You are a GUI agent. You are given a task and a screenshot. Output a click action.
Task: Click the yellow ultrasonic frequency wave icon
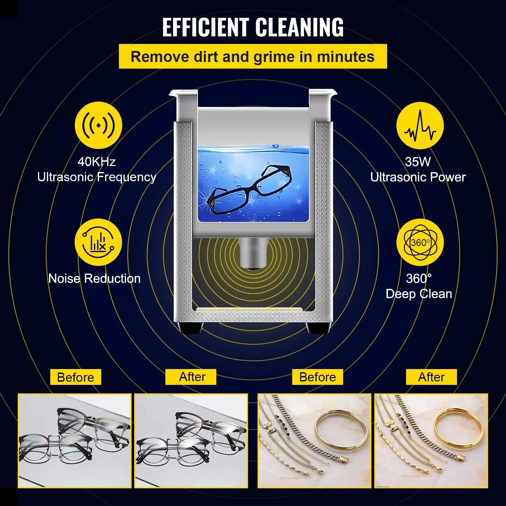[98, 125]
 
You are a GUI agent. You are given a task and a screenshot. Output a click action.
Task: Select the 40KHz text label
[96, 162]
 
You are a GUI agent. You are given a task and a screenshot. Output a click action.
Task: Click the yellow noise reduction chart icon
[98, 242]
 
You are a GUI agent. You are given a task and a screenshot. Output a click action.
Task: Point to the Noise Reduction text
[94, 279]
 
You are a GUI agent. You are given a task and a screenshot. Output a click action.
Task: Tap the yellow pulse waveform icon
[420, 125]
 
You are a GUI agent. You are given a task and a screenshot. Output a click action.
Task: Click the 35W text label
[418, 162]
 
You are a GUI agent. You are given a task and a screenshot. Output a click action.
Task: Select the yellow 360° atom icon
[420, 243]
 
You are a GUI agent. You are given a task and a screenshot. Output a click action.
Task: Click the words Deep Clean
[419, 294]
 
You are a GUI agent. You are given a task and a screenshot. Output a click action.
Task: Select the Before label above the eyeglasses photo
[76, 377]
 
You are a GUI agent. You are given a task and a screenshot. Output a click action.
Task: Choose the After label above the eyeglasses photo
[191, 377]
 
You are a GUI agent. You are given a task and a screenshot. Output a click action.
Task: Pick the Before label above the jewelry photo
[318, 377]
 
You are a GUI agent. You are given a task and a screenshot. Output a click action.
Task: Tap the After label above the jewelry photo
[431, 377]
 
